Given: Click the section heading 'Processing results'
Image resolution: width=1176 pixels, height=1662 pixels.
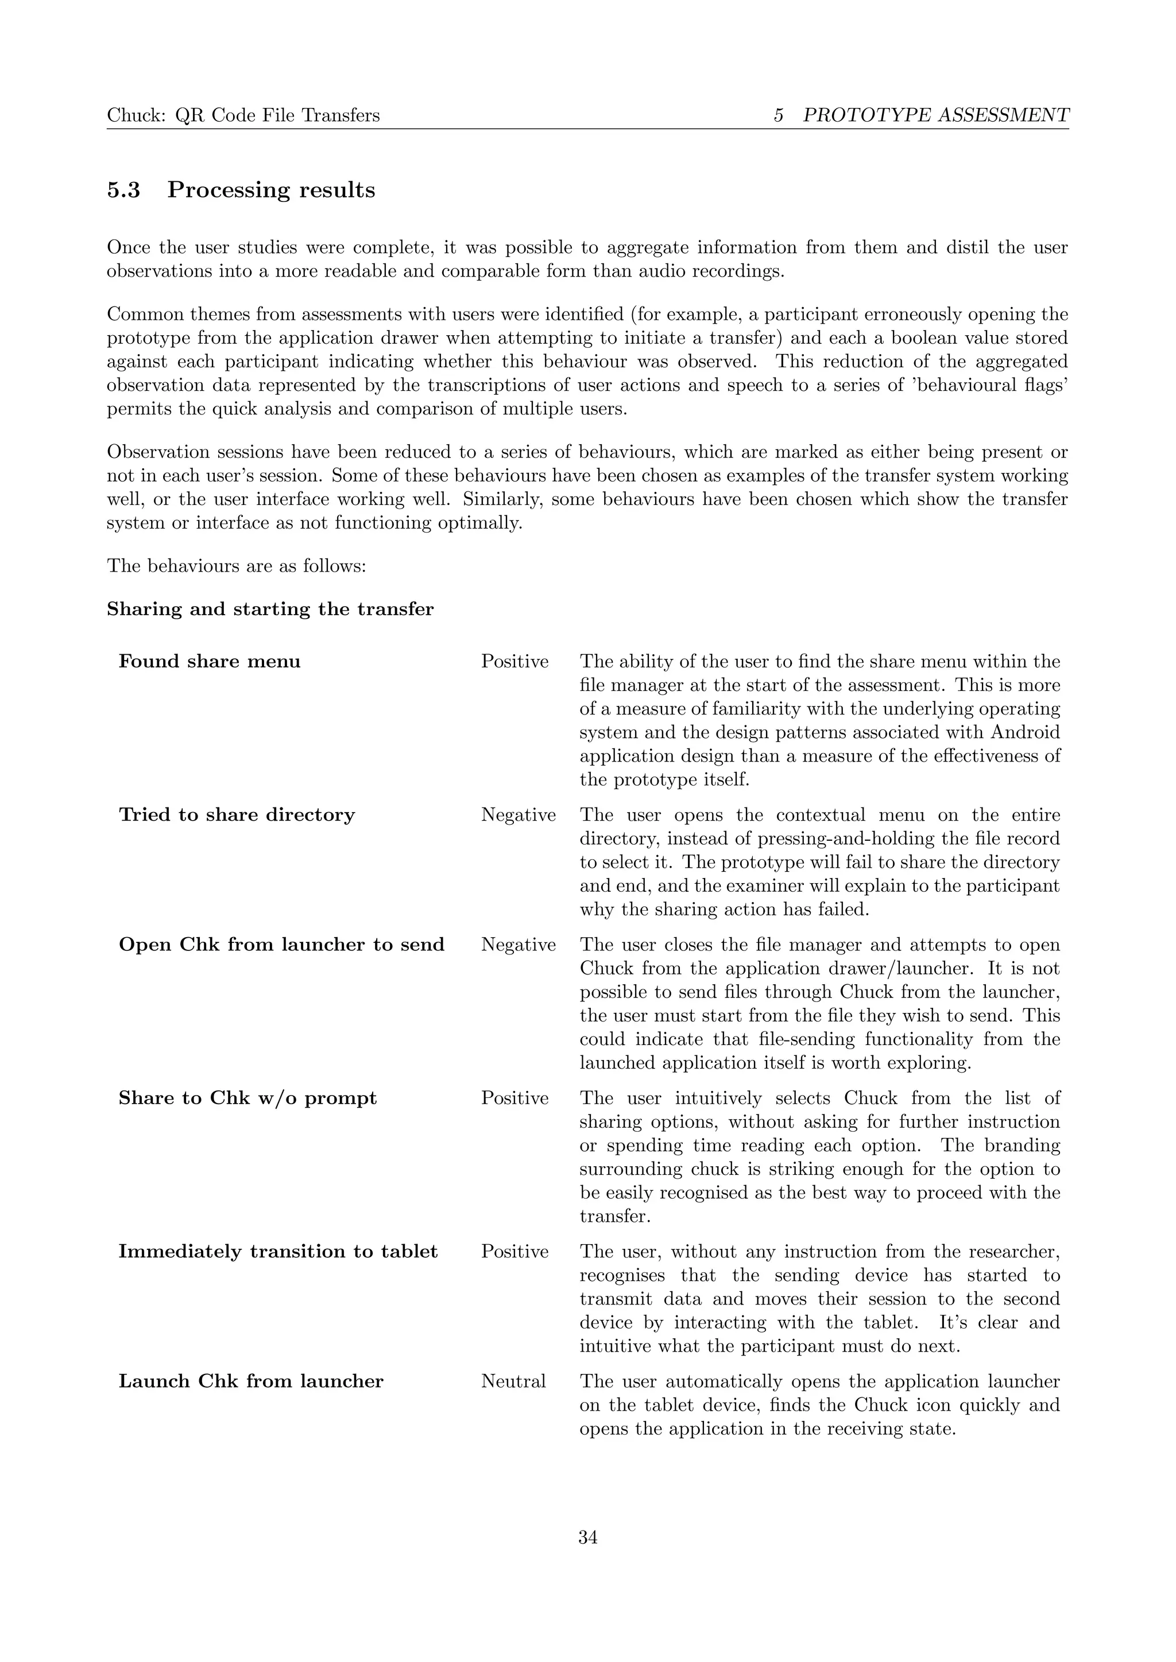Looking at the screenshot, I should click(x=271, y=191).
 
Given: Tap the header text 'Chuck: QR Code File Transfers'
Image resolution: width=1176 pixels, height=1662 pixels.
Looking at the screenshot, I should click(x=243, y=115).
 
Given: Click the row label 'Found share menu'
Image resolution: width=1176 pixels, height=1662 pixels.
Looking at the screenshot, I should click(x=209, y=662).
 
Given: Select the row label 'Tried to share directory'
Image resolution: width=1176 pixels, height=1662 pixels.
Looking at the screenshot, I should click(x=237, y=815).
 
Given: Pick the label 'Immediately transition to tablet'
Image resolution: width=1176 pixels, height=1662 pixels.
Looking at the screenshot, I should click(x=278, y=1252).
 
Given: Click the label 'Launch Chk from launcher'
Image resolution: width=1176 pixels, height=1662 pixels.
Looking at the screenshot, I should click(x=250, y=1381).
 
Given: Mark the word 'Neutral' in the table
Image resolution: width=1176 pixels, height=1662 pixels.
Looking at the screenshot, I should click(x=513, y=1381).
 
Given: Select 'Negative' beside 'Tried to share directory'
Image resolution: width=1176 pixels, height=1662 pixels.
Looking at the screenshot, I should click(x=518, y=815).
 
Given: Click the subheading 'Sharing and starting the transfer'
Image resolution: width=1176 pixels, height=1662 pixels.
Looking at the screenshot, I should click(x=270, y=609).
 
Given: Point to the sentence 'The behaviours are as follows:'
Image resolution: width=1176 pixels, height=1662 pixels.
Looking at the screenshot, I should click(x=237, y=565).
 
